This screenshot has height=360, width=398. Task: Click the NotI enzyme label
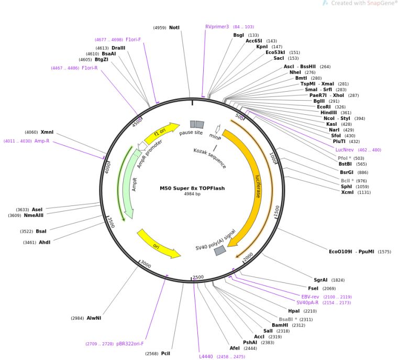pyautogui.click(x=174, y=27)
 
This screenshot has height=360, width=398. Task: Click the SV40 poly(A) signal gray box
pyautogui.click(x=220, y=251)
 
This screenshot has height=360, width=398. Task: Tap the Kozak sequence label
pyautogui.click(x=209, y=158)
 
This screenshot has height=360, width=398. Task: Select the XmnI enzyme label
pyautogui.click(x=47, y=132)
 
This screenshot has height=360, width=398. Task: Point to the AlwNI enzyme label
pyautogui.click(x=94, y=318)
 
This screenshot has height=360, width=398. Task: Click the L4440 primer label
pyautogui.click(x=206, y=356)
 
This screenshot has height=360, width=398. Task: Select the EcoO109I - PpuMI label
pyautogui.click(x=351, y=252)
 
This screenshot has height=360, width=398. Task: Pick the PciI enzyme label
pyautogui.click(x=165, y=354)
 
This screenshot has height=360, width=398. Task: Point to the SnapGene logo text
pyautogui.click(x=379, y=3)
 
